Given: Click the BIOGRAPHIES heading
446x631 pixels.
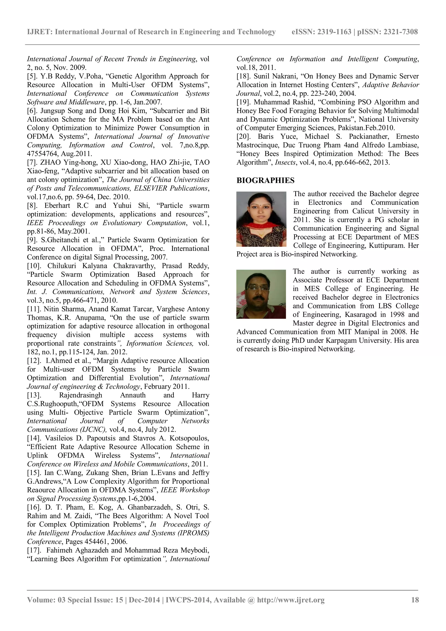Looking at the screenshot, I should pos(265,181).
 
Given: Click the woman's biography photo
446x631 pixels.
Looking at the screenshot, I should pos(261,219).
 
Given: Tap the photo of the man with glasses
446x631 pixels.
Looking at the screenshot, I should pos(261,294).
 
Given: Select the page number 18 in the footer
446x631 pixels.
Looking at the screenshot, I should pos(415,600).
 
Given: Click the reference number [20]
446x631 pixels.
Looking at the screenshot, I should pos(244,137).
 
